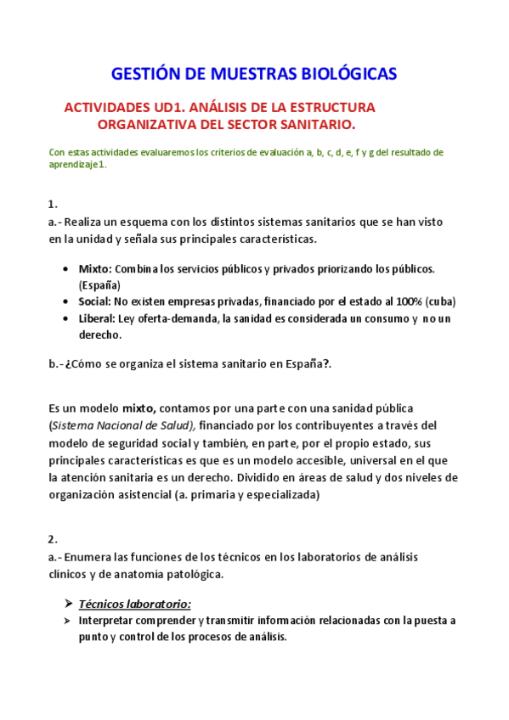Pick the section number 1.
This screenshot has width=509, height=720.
(53, 204)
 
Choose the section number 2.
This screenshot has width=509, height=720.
(53, 539)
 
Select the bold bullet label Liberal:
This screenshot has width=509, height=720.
(97, 318)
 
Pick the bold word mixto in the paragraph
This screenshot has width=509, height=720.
(139, 408)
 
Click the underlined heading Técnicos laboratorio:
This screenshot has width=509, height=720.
(135, 604)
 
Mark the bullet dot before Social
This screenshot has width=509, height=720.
(66, 301)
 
